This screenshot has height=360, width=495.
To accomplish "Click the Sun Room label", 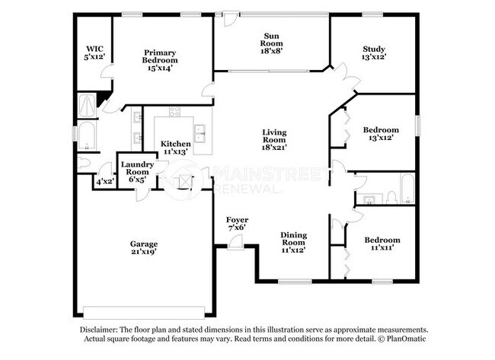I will pos(271,40).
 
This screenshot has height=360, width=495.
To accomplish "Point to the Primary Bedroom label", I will pos(161,60).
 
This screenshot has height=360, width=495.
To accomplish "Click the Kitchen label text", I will pos(175,148).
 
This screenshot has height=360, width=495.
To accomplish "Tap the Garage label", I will pos(143,248).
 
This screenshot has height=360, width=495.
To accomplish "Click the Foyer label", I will pos(238,224).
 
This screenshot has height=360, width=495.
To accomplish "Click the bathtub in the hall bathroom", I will pos(407,190).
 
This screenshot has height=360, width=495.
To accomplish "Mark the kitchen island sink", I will pos(202,134).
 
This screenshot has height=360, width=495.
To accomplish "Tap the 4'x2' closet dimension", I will pos(104,182).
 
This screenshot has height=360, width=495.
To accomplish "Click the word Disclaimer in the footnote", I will pos(101,330).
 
